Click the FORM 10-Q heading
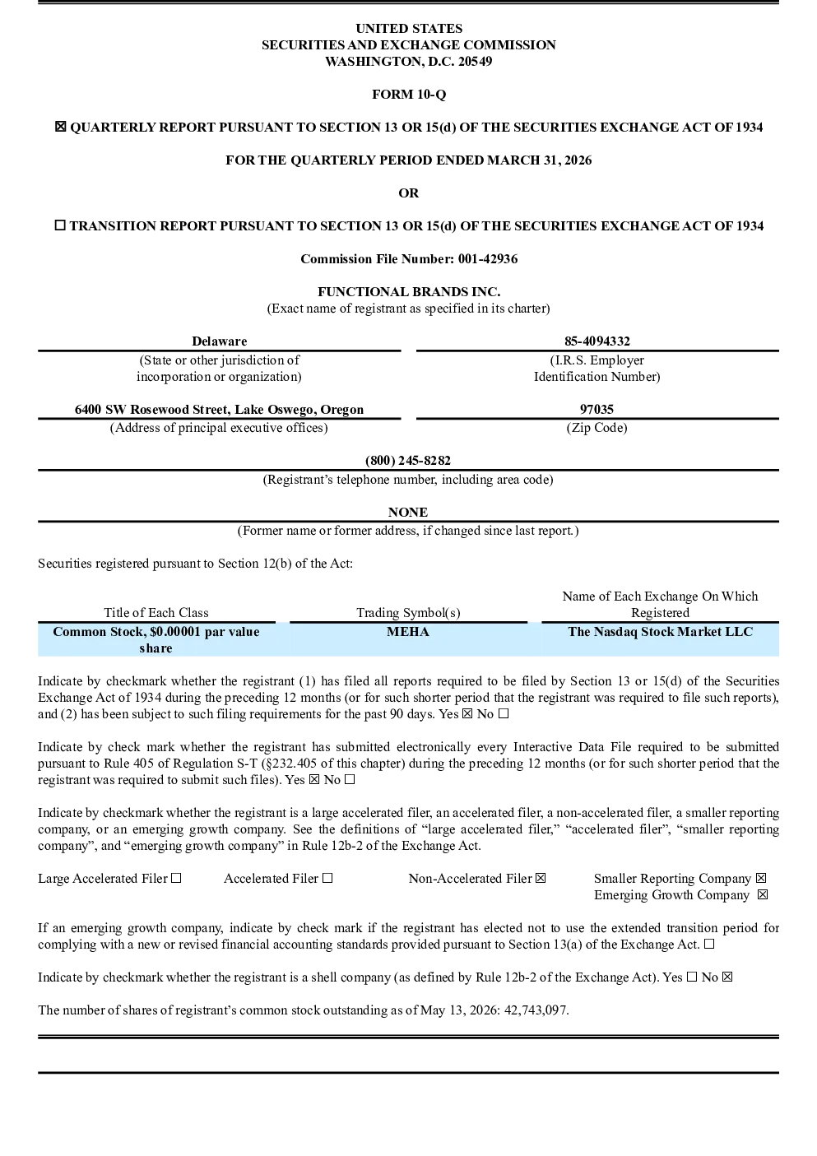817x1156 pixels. (409, 94)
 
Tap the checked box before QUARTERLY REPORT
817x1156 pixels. (60, 127)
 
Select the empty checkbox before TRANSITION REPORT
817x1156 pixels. (60, 225)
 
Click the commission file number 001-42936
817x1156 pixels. (488, 258)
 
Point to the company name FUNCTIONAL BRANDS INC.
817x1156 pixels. (409, 291)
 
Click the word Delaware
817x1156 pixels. (220, 341)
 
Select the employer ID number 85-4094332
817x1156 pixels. (597, 341)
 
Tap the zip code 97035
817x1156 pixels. (597, 409)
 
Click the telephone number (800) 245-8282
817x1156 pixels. (408, 460)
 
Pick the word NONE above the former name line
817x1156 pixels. (408, 512)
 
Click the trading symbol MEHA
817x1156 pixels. (408, 632)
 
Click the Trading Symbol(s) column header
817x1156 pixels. (408, 613)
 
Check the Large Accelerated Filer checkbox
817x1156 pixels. (176, 878)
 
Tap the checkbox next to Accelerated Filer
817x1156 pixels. (327, 878)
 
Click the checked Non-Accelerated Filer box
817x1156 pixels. (541, 878)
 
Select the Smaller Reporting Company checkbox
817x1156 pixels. (761, 878)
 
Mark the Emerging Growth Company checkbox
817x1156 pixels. (763, 894)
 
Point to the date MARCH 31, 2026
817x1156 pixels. (540, 160)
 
